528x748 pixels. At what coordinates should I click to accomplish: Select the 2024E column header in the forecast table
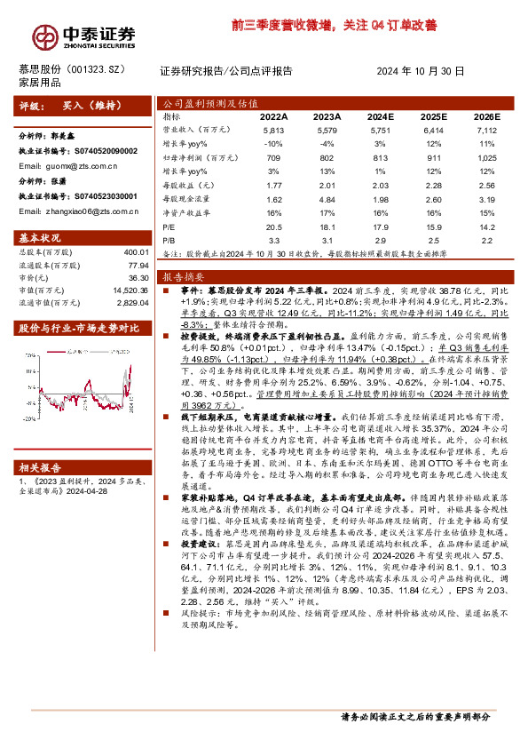pos(379,116)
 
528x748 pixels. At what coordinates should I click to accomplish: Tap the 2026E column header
pos(485,116)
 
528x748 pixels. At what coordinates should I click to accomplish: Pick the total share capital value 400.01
pos(136,252)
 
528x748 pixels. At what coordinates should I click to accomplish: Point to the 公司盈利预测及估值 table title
pos(201,102)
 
